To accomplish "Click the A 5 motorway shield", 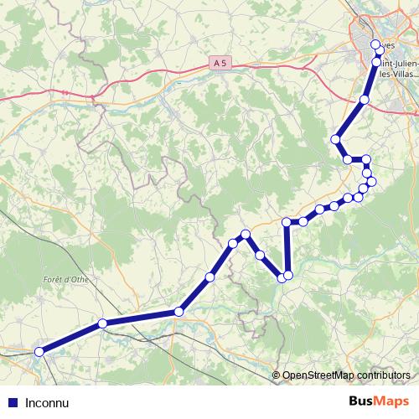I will point(220,63).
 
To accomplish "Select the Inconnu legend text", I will point(47,401).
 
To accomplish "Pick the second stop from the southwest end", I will point(102,323).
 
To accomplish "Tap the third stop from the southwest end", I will point(178,312).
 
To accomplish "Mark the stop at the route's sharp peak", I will point(246,235).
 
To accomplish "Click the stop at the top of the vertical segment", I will point(287,222).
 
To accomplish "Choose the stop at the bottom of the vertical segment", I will point(288,275).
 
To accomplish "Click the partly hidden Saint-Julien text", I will point(399,60).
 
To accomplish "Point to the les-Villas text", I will point(399,73).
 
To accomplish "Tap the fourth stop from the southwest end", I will point(210,277).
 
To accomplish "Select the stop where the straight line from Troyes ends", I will point(336,139).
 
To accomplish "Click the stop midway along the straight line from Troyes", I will point(364,100).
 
